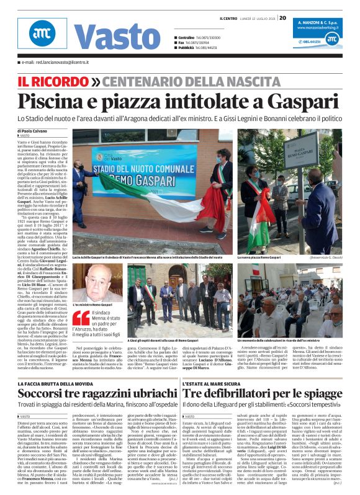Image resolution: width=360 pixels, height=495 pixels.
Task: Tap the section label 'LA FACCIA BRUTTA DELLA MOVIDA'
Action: pyautogui.click(x=56, y=385)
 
